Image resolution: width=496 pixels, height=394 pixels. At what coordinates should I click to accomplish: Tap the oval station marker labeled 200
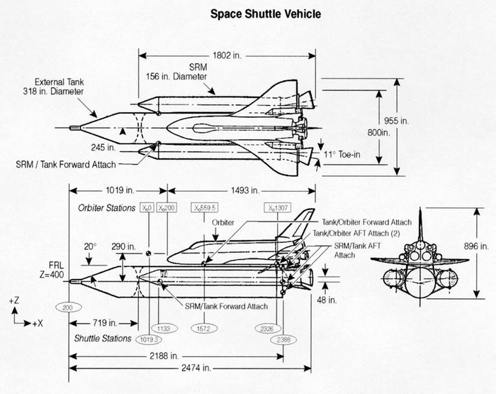tap(67, 307)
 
